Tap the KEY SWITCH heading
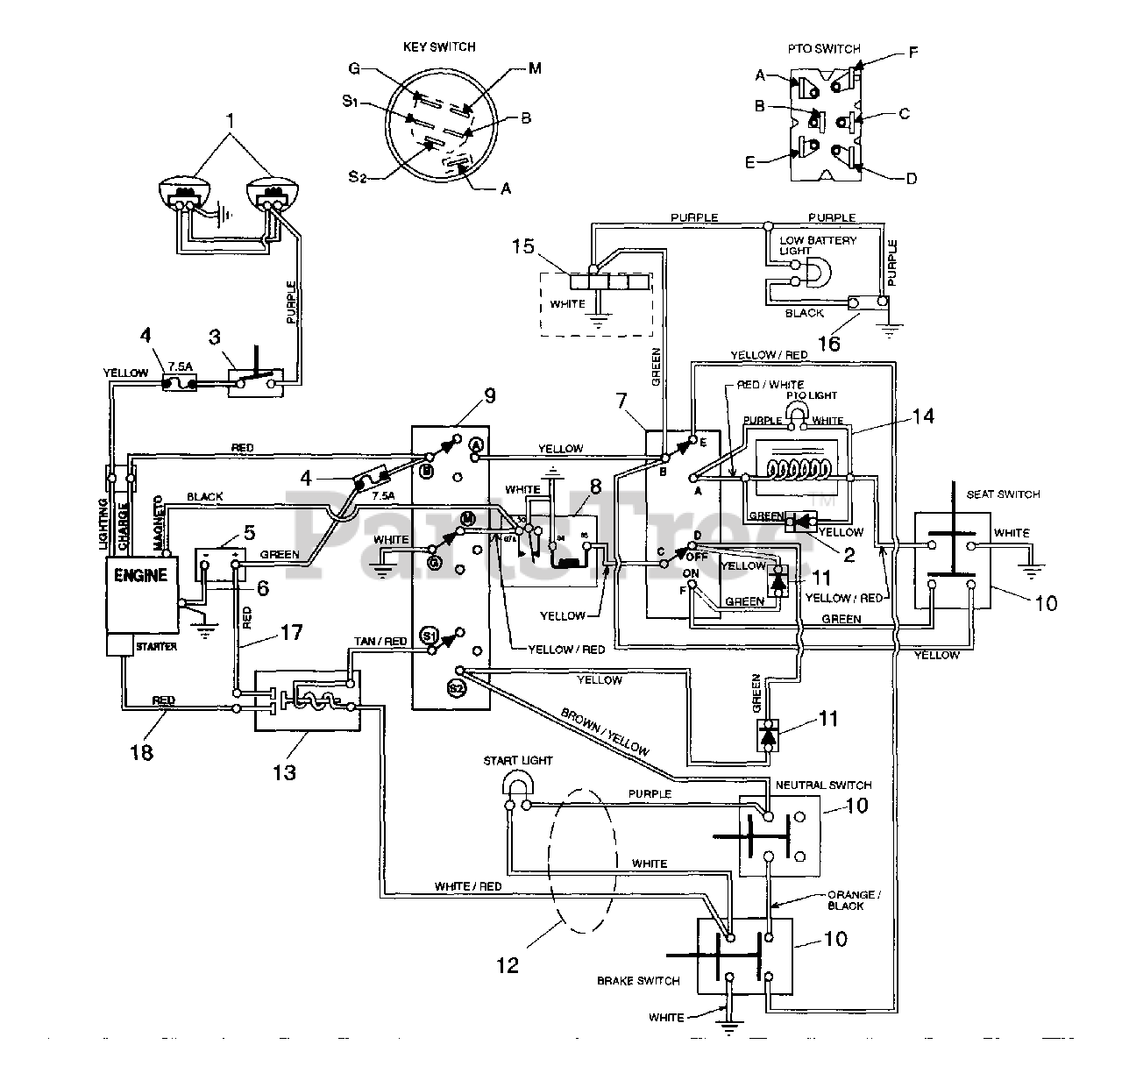click(439, 46)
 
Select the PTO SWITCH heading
click(826, 49)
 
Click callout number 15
click(522, 246)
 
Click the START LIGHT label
click(518, 760)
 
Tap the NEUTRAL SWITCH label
click(824, 785)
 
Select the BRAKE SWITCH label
click(638, 980)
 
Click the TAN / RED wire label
click(380, 642)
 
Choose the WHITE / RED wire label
click(468, 886)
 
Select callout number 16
click(828, 343)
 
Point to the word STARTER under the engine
click(156, 646)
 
